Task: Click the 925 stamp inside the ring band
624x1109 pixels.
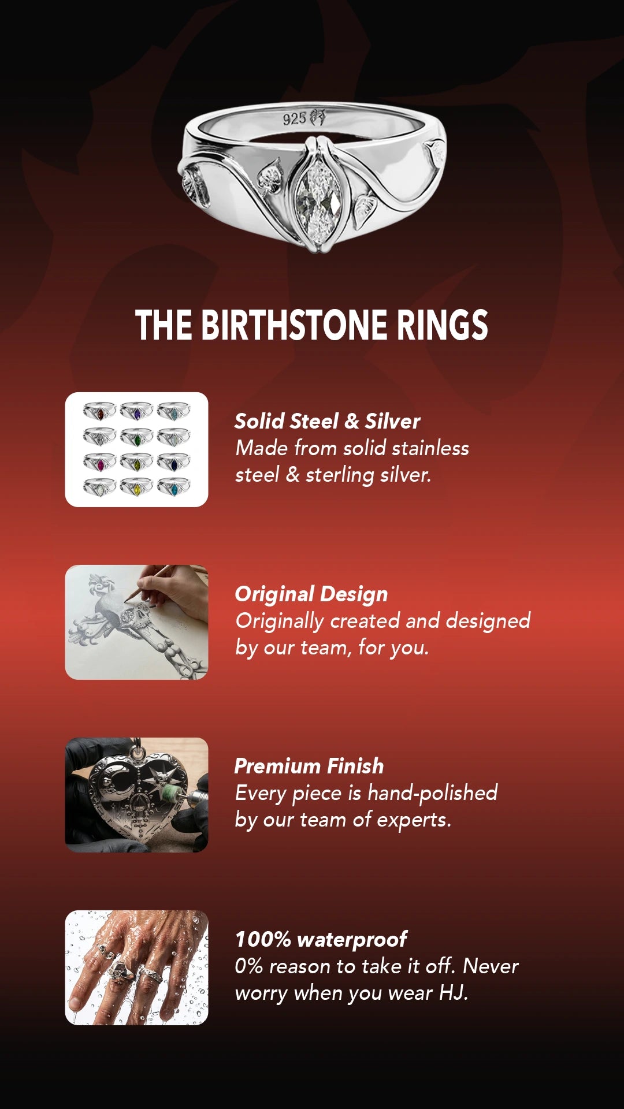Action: (294, 119)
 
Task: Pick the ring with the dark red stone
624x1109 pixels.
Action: (99, 412)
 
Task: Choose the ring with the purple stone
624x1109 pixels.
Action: (136, 412)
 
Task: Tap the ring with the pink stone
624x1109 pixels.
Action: (99, 463)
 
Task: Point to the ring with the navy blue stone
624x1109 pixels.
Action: (173, 463)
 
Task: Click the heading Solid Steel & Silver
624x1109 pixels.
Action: (327, 421)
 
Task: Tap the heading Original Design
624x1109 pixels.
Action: (311, 594)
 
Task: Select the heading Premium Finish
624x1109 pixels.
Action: (309, 766)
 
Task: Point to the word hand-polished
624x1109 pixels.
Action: (432, 793)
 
